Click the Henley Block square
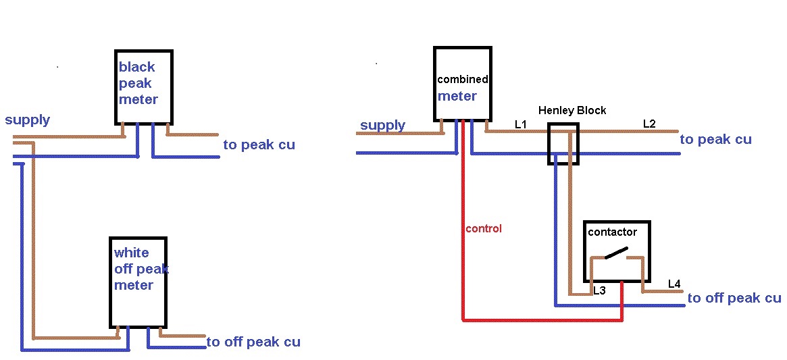pyautogui.click(x=563, y=144)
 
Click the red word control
pyautogui.click(x=484, y=229)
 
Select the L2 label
pyautogui.click(x=649, y=124)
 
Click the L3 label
pyautogui.click(x=599, y=291)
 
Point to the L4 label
pyautogui.click(x=674, y=284)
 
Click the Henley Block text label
pyautogui.click(x=572, y=110)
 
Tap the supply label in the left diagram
pyautogui.click(x=28, y=120)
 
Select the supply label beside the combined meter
pyautogui.click(x=382, y=125)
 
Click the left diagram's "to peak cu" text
pyautogui.click(x=259, y=145)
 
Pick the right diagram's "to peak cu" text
pyautogui.click(x=715, y=139)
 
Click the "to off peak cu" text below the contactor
pyautogui.click(x=734, y=298)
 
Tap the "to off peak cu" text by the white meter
pyautogui.click(x=253, y=342)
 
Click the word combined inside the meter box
pyautogui.click(x=463, y=79)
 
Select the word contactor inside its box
pyautogui.click(x=612, y=232)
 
